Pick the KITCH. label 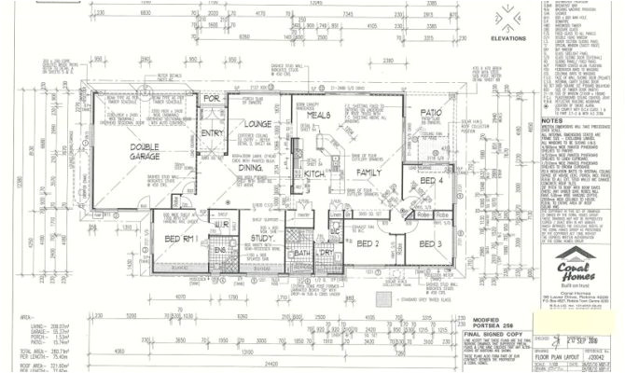coord(314,173)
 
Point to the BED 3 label coord(430,243)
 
